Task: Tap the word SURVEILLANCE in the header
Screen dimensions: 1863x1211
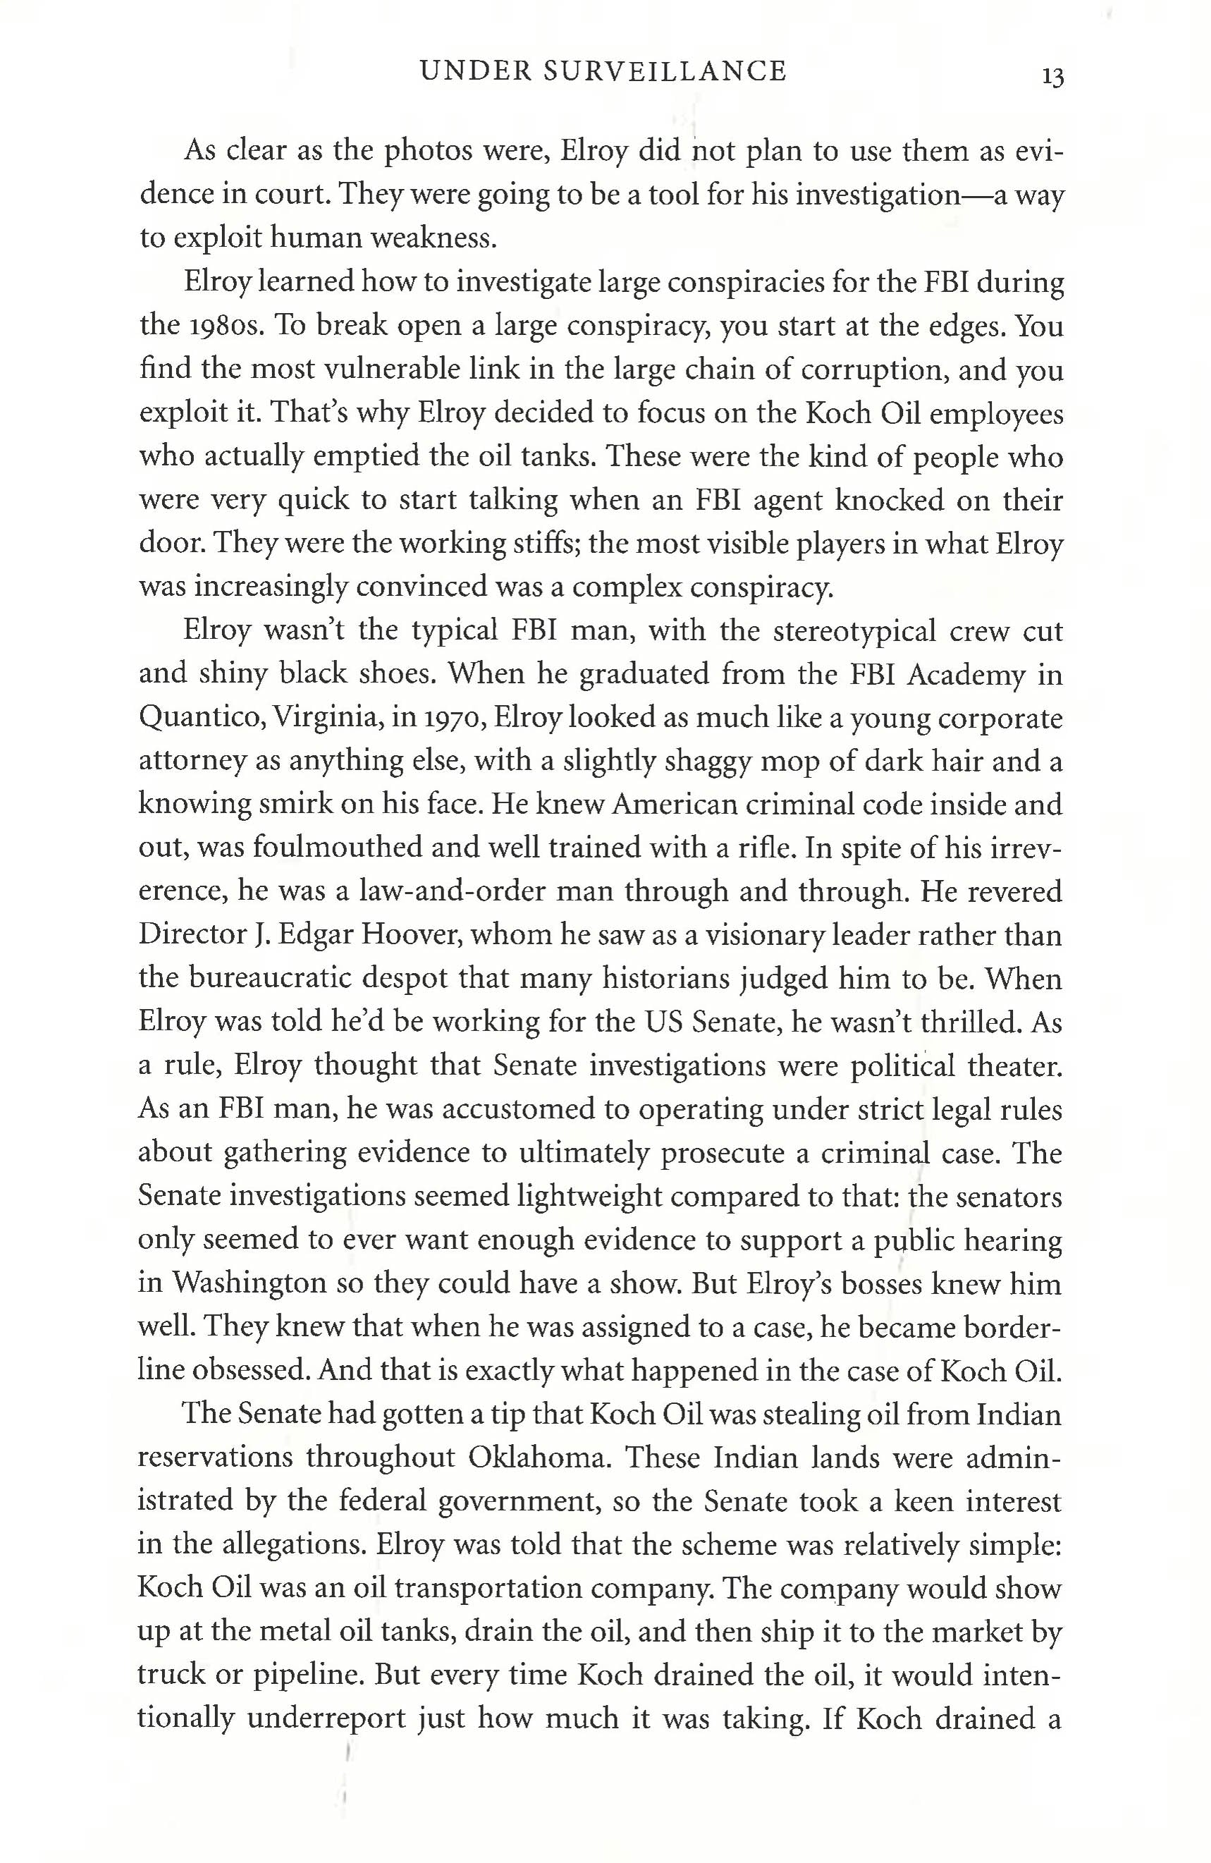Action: pyautogui.click(x=664, y=71)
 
